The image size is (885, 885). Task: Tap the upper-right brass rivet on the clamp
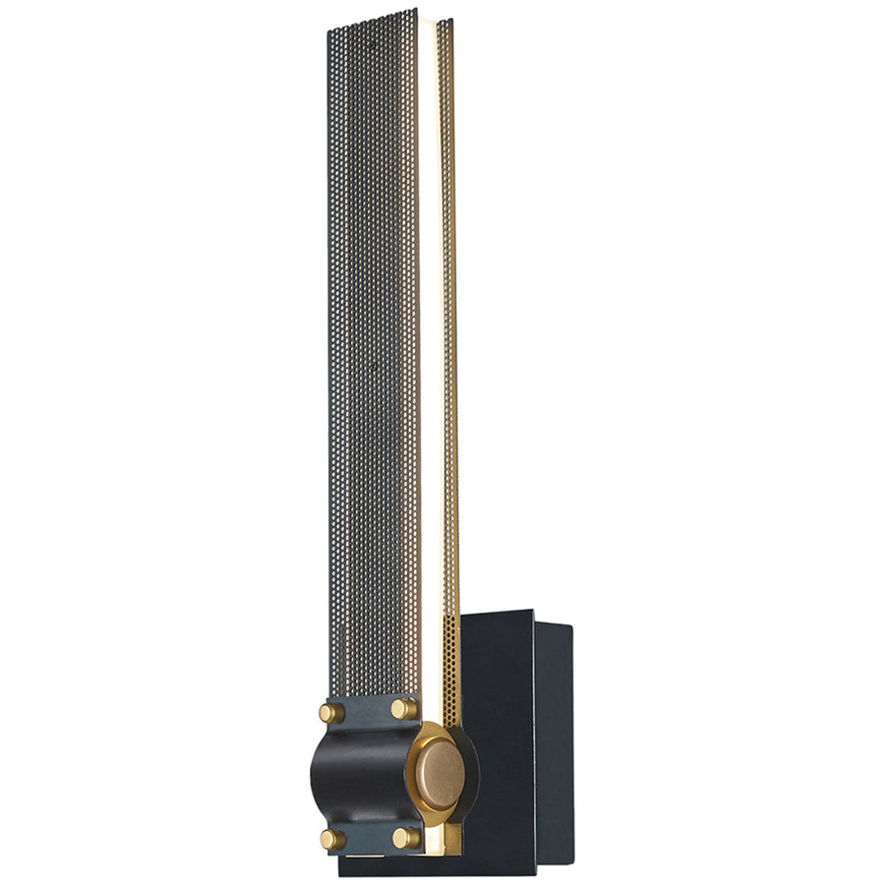pos(403,708)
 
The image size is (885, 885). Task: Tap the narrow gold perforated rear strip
pos(447,344)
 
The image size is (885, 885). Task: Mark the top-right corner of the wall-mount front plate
pos(533,612)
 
